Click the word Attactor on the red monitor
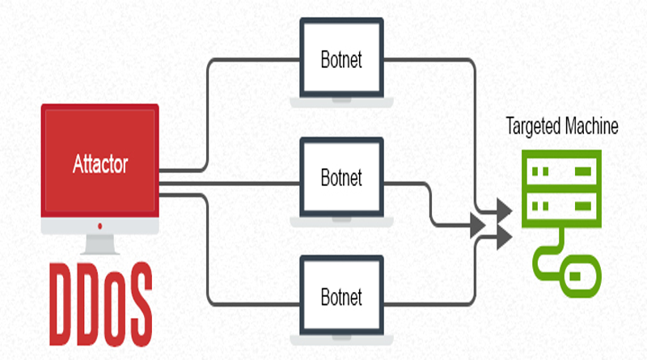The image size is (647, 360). point(100,164)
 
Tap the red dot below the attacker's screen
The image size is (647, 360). point(99,227)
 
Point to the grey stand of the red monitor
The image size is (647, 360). point(99,244)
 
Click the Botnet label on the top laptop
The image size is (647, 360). point(341,60)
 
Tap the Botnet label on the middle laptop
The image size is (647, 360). point(341,178)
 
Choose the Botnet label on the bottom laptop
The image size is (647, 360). point(341,297)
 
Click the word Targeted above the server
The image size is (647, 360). point(533,127)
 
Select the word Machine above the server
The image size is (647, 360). point(591,125)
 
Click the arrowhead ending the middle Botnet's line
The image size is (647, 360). point(478,226)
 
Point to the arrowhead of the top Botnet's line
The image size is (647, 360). point(504,211)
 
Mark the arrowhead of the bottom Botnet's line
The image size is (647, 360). point(504,237)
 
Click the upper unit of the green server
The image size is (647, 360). point(561,171)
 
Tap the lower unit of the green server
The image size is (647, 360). point(561,206)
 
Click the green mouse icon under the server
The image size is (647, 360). point(580,276)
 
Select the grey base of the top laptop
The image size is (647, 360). point(341,103)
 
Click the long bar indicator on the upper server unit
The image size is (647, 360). point(583,172)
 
